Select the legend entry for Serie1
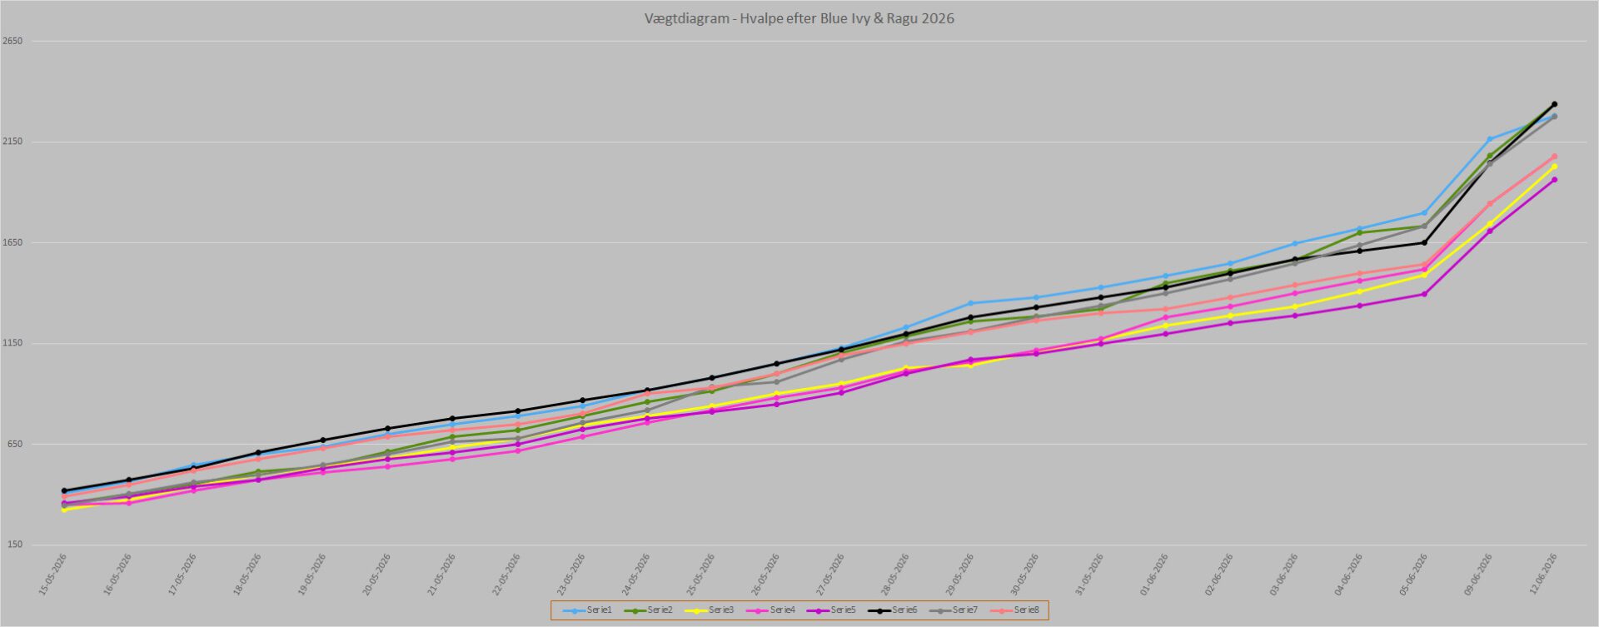[x=588, y=610]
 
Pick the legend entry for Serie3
[x=710, y=610]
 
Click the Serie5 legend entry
[x=831, y=610]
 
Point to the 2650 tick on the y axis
[x=12, y=41]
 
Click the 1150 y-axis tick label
[x=12, y=343]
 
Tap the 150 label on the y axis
[x=13, y=545]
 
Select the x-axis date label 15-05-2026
[x=52, y=575]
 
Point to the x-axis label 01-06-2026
[x=1154, y=575]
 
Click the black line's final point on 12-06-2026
[x=1554, y=104]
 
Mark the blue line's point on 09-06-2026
[x=1489, y=139]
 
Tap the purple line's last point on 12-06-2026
[x=1554, y=180]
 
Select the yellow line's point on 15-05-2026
[x=64, y=509]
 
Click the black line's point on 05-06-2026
[x=1424, y=242]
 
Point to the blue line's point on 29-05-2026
[x=970, y=303]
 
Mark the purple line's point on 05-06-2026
[x=1424, y=294]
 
